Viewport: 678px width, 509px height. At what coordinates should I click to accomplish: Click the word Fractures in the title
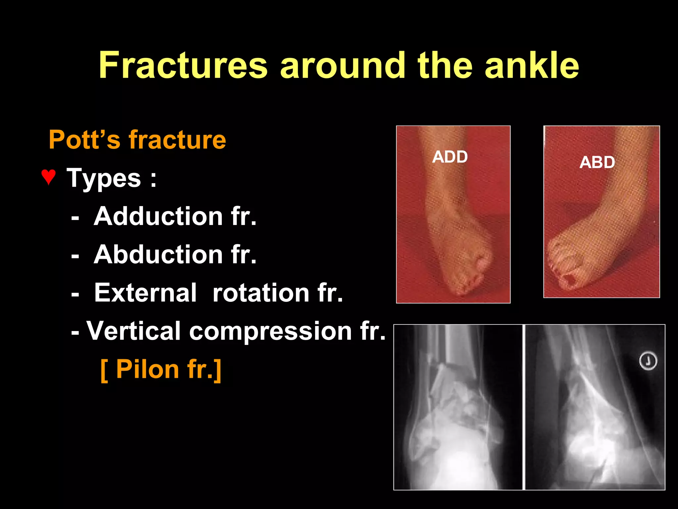(x=183, y=65)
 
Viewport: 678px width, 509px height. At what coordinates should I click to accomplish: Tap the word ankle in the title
(x=532, y=65)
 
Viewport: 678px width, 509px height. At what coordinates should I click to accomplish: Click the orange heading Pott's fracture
(x=137, y=140)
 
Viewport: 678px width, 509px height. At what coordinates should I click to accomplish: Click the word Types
(x=104, y=178)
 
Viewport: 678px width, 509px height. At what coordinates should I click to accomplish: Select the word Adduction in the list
(x=158, y=216)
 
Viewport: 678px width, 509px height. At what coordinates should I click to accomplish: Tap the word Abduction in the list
(x=158, y=254)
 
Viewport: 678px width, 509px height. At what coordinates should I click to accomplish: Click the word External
(x=145, y=293)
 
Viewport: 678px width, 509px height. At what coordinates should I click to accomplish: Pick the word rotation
(x=261, y=293)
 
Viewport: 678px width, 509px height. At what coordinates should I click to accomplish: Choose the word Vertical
(x=133, y=331)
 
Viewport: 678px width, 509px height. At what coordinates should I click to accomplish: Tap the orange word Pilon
(x=148, y=369)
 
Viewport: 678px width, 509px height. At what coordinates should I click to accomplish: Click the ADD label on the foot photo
(x=450, y=157)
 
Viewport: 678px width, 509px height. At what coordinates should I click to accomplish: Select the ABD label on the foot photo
(x=597, y=162)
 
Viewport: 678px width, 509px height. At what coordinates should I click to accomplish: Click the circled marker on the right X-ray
(x=648, y=361)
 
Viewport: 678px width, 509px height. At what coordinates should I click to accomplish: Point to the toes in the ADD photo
(x=473, y=275)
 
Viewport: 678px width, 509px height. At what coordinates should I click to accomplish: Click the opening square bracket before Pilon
(x=104, y=370)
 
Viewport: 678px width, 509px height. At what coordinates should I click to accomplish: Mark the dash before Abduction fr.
(x=75, y=256)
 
